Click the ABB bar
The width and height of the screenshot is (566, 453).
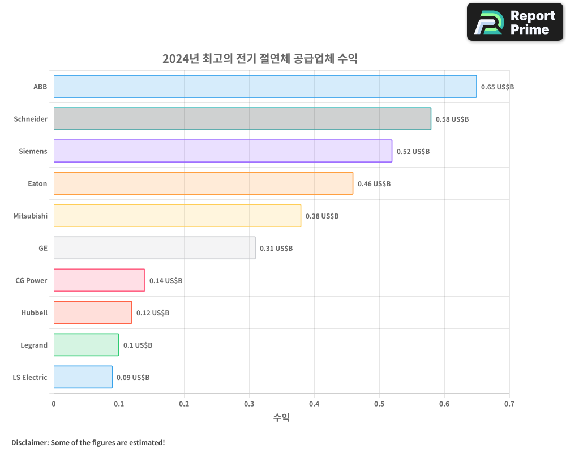(265, 87)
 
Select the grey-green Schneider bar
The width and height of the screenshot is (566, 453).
(242, 119)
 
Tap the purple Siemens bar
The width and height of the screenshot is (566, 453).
(223, 151)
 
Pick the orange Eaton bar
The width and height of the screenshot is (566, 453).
(203, 183)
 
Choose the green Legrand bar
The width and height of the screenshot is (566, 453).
(86, 345)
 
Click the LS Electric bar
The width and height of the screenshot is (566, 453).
(83, 377)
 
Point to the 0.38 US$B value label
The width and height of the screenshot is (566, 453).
(322, 216)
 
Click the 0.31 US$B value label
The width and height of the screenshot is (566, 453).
(276, 249)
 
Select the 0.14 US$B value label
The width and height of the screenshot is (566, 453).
(166, 281)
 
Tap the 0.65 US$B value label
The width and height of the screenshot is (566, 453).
(498, 87)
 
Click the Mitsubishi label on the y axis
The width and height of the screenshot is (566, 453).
(31, 216)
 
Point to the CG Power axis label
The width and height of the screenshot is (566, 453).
(32, 280)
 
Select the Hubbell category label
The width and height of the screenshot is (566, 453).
(35, 313)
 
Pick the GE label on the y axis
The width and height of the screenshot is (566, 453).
(43, 248)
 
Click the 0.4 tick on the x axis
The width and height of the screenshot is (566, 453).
(314, 404)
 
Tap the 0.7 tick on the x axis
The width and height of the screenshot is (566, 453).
(509, 404)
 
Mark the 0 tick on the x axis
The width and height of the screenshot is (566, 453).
(54, 404)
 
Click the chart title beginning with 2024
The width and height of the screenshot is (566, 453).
(260, 59)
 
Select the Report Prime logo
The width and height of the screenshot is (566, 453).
(515, 22)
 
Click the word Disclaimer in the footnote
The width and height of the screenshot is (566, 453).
(29, 442)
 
